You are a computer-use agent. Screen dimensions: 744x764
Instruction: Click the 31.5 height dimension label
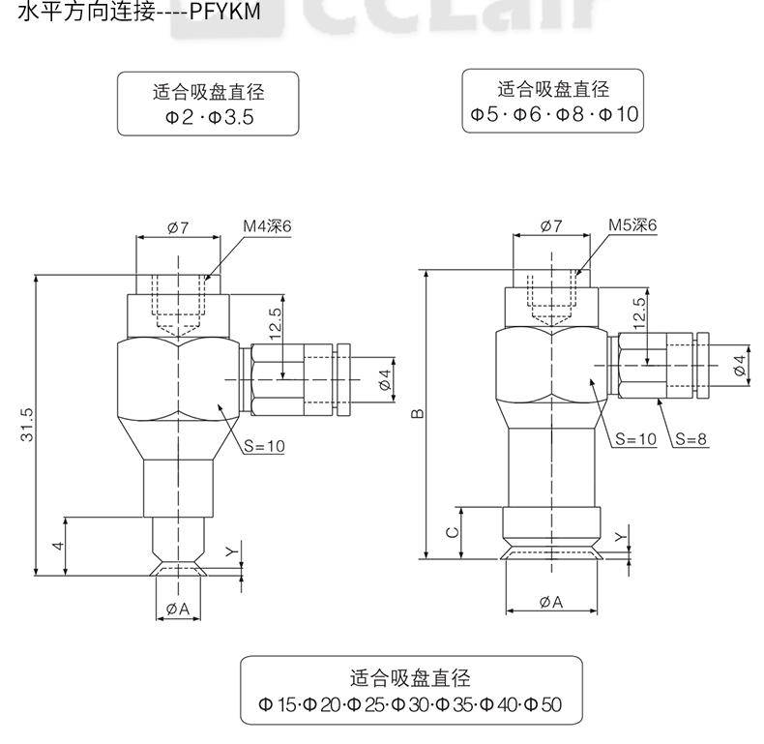[26, 423]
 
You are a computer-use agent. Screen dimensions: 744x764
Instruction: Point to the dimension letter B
[417, 415]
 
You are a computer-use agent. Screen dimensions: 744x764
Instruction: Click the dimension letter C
[451, 533]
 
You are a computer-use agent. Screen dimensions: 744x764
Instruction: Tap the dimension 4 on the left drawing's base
[58, 547]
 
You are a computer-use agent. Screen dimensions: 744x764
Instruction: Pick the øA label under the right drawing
[550, 602]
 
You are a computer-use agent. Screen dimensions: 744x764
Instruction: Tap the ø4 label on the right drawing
[740, 365]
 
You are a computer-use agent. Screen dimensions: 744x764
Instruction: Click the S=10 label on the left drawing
[264, 447]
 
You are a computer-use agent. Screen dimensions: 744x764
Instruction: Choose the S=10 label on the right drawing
[636, 438]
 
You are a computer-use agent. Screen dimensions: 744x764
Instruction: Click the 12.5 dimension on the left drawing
[276, 322]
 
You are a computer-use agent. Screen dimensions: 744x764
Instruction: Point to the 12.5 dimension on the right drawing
[639, 314]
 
